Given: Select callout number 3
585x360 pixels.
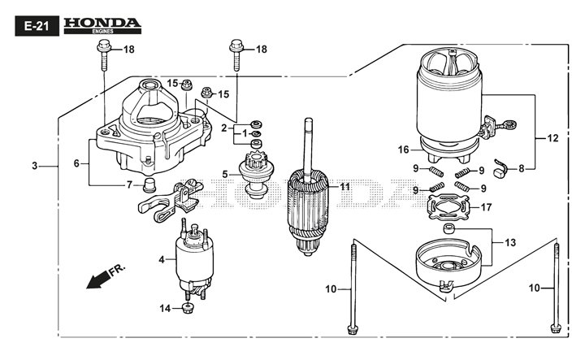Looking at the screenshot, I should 35,166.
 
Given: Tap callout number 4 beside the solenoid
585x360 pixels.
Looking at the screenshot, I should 162,260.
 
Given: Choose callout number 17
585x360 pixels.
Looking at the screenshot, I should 509,207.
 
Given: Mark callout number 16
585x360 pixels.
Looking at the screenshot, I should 403,150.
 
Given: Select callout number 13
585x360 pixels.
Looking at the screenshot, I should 509,242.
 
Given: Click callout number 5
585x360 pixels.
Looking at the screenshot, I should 225,173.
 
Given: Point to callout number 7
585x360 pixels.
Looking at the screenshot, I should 128,184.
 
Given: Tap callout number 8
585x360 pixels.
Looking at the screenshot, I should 521,168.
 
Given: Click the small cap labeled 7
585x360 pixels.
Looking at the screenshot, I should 149,185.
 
